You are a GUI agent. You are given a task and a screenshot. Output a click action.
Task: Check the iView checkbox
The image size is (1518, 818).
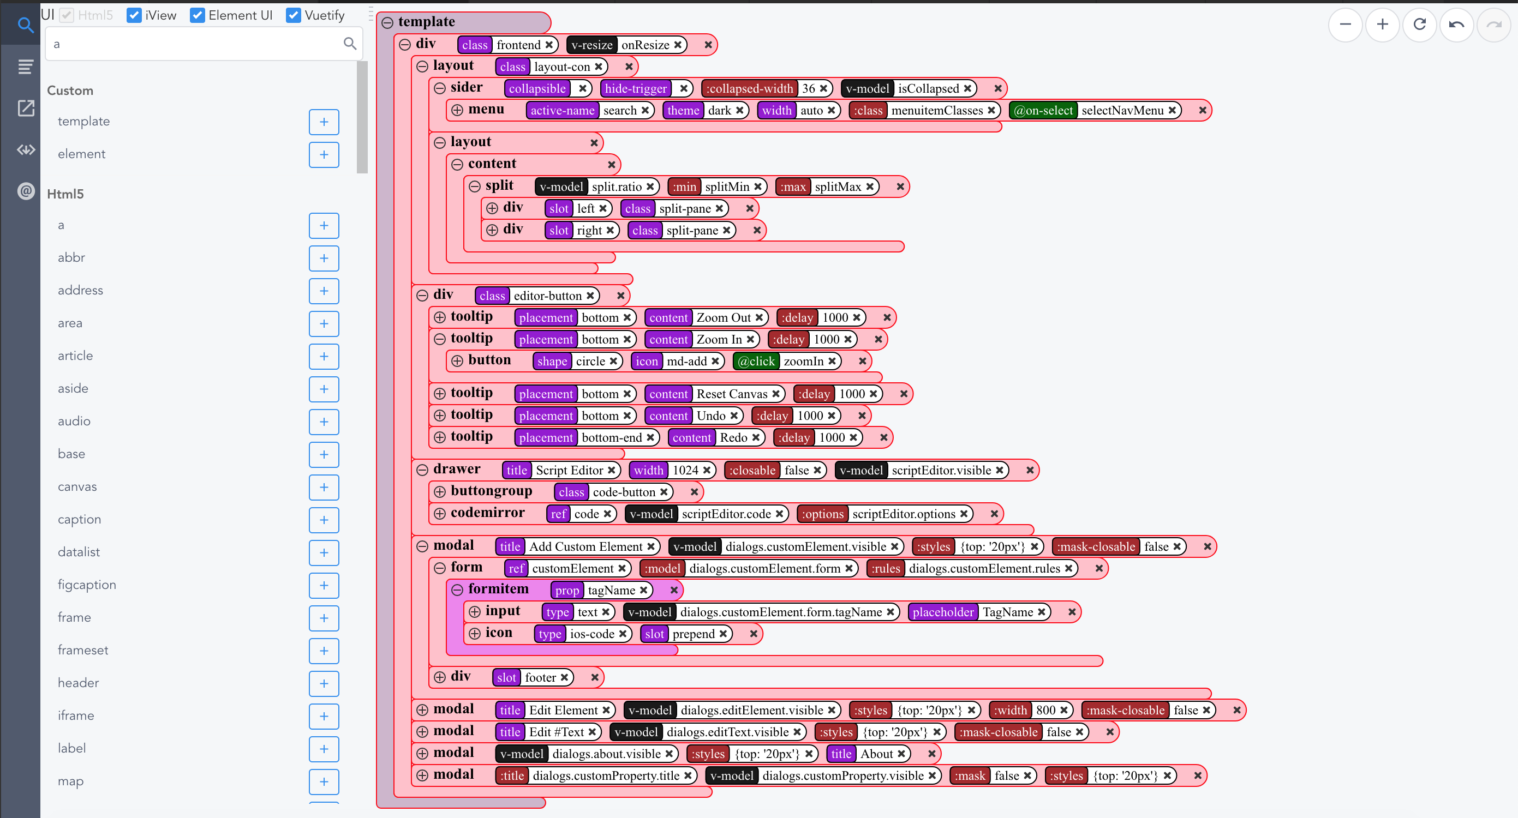(134, 15)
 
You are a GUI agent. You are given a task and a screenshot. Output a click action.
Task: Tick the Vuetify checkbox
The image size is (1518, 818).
(293, 15)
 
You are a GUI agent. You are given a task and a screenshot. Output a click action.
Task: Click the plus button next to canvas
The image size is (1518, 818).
(324, 487)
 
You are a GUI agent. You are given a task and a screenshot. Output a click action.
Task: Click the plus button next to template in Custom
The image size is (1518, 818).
(324, 122)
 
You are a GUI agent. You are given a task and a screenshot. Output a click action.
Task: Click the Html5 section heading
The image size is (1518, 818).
(65, 194)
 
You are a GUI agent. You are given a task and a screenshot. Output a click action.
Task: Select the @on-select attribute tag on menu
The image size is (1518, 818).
(1043, 110)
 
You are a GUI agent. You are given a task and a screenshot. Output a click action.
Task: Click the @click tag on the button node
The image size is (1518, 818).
(756, 361)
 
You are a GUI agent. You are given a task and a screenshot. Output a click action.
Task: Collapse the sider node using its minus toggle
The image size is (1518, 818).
(440, 88)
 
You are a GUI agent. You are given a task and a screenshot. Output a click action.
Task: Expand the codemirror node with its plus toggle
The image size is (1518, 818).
(440, 514)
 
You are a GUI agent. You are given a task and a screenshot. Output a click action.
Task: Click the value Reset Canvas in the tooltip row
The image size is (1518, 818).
(732, 394)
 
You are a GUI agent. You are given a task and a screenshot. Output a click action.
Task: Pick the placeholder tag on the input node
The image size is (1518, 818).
(943, 612)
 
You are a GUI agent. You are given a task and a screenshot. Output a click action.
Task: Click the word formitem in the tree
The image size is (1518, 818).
(499, 589)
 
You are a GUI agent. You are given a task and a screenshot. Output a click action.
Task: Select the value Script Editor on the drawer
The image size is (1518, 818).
(569, 470)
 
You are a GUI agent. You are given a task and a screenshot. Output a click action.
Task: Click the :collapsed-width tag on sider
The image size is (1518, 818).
(750, 88)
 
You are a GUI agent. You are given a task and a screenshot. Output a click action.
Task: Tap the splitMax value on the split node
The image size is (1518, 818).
(838, 187)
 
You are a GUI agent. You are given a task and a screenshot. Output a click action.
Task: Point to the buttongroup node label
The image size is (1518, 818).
(492, 491)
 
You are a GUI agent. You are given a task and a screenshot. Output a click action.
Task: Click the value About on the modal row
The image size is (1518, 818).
(877, 754)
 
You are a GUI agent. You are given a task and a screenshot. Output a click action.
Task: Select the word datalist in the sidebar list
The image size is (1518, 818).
(79, 552)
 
